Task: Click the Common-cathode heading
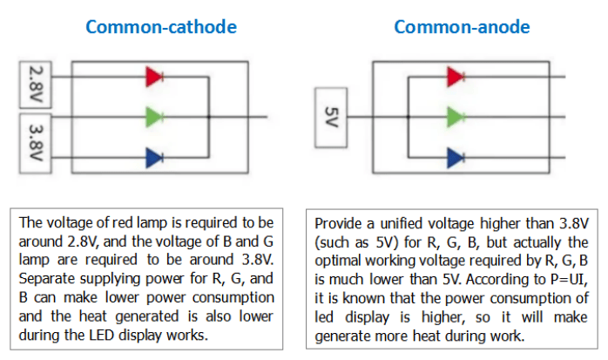pos(161,27)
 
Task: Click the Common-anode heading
pos(461,27)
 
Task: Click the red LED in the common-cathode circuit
pos(154,77)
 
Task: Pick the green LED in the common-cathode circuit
pos(154,117)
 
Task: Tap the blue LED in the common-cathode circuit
pos(154,157)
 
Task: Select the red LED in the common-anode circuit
pos(455,77)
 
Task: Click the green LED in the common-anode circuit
pos(455,117)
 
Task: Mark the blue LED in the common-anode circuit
pos(455,157)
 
